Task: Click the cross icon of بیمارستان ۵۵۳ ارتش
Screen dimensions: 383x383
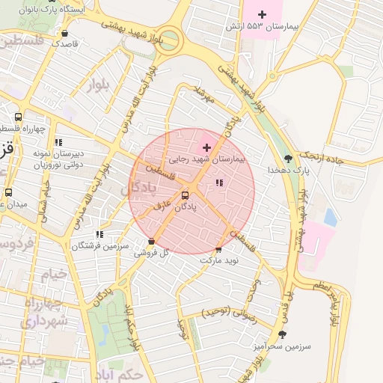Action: click(262, 14)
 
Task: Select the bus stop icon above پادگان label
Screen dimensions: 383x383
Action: click(185, 196)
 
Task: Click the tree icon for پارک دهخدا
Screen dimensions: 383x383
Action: click(289, 159)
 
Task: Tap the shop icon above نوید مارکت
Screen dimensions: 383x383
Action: click(218, 250)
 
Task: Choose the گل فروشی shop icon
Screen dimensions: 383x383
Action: click(153, 242)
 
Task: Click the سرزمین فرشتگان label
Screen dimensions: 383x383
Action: click(101, 245)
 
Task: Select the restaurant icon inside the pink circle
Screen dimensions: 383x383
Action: click(218, 183)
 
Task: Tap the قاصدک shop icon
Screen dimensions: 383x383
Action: click(65, 33)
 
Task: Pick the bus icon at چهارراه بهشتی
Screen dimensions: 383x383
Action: click(19, 117)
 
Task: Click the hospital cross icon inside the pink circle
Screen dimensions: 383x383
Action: click(207, 148)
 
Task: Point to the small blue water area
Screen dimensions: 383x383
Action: click(330, 218)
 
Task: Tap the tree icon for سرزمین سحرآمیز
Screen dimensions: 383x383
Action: click(282, 334)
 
